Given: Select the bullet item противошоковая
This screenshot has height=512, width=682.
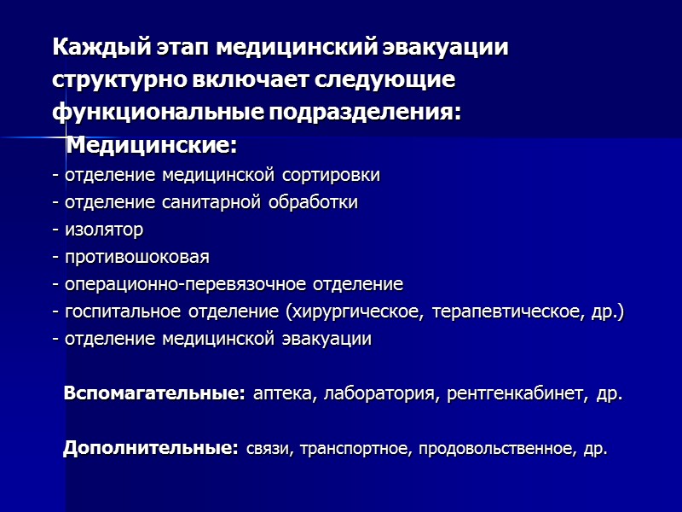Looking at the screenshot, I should [x=135, y=258].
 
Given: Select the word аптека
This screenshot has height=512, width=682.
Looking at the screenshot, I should [x=282, y=395].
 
